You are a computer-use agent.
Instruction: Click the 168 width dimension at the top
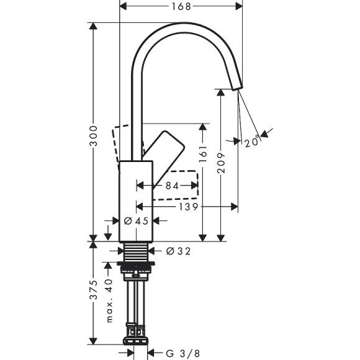(x=181, y=6)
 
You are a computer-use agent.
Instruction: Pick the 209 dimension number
(x=222, y=163)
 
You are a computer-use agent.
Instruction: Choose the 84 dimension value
(x=172, y=186)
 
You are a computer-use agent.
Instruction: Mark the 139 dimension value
(x=187, y=206)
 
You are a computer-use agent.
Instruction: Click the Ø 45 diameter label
(x=135, y=220)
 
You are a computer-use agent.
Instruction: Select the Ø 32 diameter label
(x=178, y=251)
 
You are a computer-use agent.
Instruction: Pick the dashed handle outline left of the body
(x=122, y=145)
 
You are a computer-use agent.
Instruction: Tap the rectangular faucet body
(x=136, y=199)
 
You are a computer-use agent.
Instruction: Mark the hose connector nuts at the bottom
(x=137, y=340)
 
